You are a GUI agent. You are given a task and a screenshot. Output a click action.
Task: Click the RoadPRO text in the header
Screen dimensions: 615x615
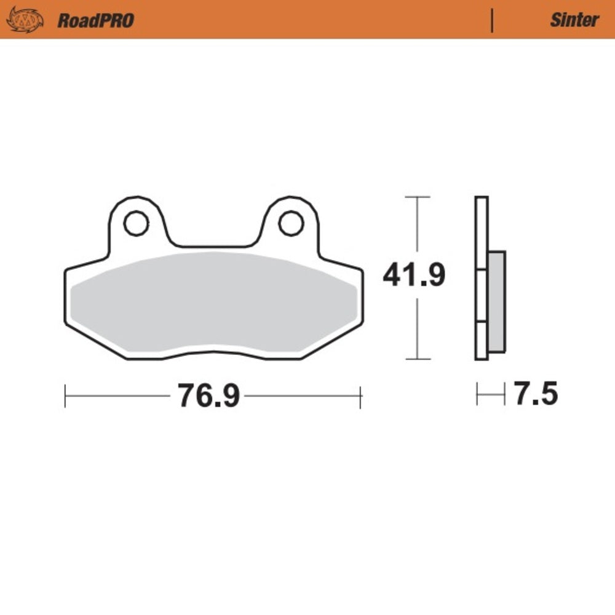pyautogui.click(x=95, y=20)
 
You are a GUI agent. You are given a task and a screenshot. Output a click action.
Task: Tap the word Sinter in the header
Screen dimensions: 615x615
pyautogui.click(x=574, y=20)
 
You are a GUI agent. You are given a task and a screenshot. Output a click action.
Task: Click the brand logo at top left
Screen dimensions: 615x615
pyautogui.click(x=25, y=20)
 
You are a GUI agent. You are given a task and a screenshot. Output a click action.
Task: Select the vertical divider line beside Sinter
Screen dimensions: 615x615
pyautogui.click(x=492, y=20)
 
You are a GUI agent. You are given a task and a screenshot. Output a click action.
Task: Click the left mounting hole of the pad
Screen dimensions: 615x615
pyautogui.click(x=136, y=223)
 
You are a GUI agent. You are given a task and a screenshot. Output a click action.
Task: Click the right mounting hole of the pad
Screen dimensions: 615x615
pyautogui.click(x=291, y=223)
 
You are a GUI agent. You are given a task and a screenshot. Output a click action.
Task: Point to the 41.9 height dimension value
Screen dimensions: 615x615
pyautogui.click(x=413, y=276)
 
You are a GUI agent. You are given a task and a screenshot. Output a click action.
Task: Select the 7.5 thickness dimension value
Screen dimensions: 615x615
pyautogui.click(x=536, y=394)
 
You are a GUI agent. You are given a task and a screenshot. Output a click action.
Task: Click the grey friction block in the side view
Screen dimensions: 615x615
pyautogui.click(x=497, y=301)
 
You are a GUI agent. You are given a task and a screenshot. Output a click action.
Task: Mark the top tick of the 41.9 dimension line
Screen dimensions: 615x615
pyautogui.click(x=418, y=197)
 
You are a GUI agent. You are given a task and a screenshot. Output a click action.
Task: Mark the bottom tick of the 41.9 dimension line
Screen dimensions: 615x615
pyautogui.click(x=418, y=359)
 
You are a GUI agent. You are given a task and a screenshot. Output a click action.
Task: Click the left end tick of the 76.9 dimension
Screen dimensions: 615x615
pyautogui.click(x=65, y=396)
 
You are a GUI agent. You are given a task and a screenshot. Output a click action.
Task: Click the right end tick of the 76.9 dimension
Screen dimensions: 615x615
pyautogui.click(x=361, y=396)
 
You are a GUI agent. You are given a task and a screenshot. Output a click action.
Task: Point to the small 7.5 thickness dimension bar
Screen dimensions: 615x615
pyautogui.click(x=490, y=394)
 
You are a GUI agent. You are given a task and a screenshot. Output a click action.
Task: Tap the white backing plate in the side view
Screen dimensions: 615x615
pyautogui.click(x=482, y=228)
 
